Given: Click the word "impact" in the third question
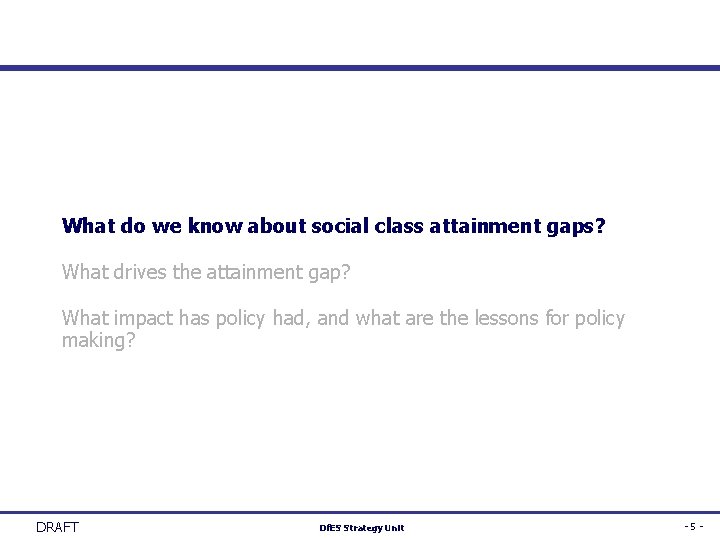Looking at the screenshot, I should click(x=144, y=319).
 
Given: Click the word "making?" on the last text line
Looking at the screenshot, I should click(x=98, y=341).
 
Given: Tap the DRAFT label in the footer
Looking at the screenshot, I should click(x=57, y=527).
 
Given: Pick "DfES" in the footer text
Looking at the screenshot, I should click(x=330, y=528).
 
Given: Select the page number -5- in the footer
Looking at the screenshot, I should click(x=694, y=527).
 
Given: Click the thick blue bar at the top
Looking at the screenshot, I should click(x=360, y=68).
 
